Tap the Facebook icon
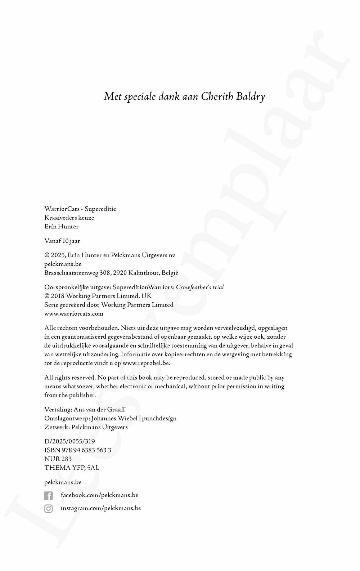tap(49, 496)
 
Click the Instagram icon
tap(49, 509)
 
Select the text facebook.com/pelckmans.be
tap(99, 495)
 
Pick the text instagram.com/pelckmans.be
tap(101, 508)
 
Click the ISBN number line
tap(78, 450)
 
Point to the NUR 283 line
tap(58, 459)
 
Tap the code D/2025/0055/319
tap(69, 441)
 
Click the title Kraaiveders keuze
tap(69, 218)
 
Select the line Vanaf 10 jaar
tap(62, 241)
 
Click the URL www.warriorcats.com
tap(74, 314)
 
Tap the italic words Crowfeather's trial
tap(200, 287)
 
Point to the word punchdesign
tap(159, 419)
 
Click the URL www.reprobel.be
tap(146, 363)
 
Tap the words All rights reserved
tap(70, 378)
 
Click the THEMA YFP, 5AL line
tap(72, 468)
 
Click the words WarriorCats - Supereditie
tap(80, 209)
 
